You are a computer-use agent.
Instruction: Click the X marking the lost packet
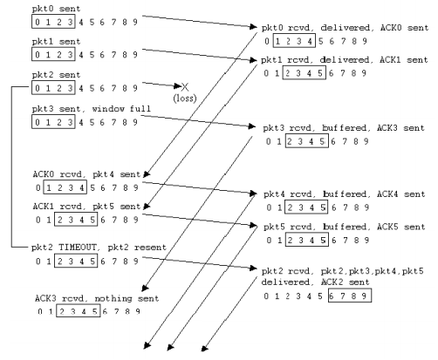[x=185, y=86]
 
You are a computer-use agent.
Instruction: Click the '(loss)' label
[x=185, y=98]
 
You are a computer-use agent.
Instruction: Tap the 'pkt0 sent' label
[x=56, y=9]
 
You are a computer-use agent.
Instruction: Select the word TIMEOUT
[x=78, y=248]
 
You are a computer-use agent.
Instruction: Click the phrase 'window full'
[x=121, y=109]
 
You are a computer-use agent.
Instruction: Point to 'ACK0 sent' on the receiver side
[x=404, y=28]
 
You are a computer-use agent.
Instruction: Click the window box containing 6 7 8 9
[x=350, y=295]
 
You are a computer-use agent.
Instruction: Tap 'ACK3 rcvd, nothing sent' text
[x=97, y=298]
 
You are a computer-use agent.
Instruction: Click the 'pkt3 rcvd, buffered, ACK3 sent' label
[x=344, y=128]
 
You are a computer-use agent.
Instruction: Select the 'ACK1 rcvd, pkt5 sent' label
[x=86, y=207]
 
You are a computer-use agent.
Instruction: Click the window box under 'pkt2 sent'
[x=53, y=88]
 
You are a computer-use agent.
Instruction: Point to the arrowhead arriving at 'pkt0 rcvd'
[x=254, y=27]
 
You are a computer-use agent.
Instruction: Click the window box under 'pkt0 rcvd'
[x=294, y=41]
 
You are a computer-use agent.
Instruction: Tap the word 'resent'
[x=150, y=248]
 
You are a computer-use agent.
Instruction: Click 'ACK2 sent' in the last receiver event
[x=346, y=282]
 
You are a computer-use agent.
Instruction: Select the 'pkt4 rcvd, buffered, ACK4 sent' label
[x=345, y=194]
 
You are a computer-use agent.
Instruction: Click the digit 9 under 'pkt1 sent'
[x=135, y=55]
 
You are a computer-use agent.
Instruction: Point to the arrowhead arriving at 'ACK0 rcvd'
[x=147, y=174]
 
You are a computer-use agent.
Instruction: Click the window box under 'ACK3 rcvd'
[x=79, y=311]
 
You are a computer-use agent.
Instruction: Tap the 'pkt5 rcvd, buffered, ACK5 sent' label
[x=345, y=227]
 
